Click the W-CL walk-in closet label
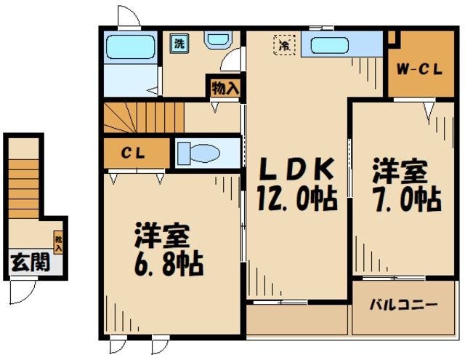[419, 70]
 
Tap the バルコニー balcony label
[406, 304]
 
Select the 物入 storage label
[224, 87]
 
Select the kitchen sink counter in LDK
[341, 45]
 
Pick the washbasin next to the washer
[216, 40]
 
